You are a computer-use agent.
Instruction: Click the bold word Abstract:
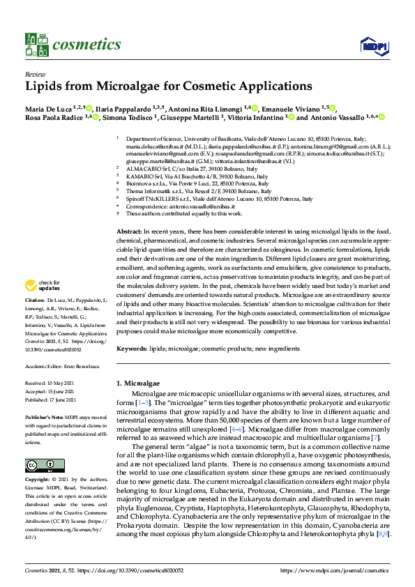click(129, 231)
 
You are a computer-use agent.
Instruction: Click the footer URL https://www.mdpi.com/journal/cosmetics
click(334, 570)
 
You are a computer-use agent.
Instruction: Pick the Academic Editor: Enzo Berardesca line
click(63, 365)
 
